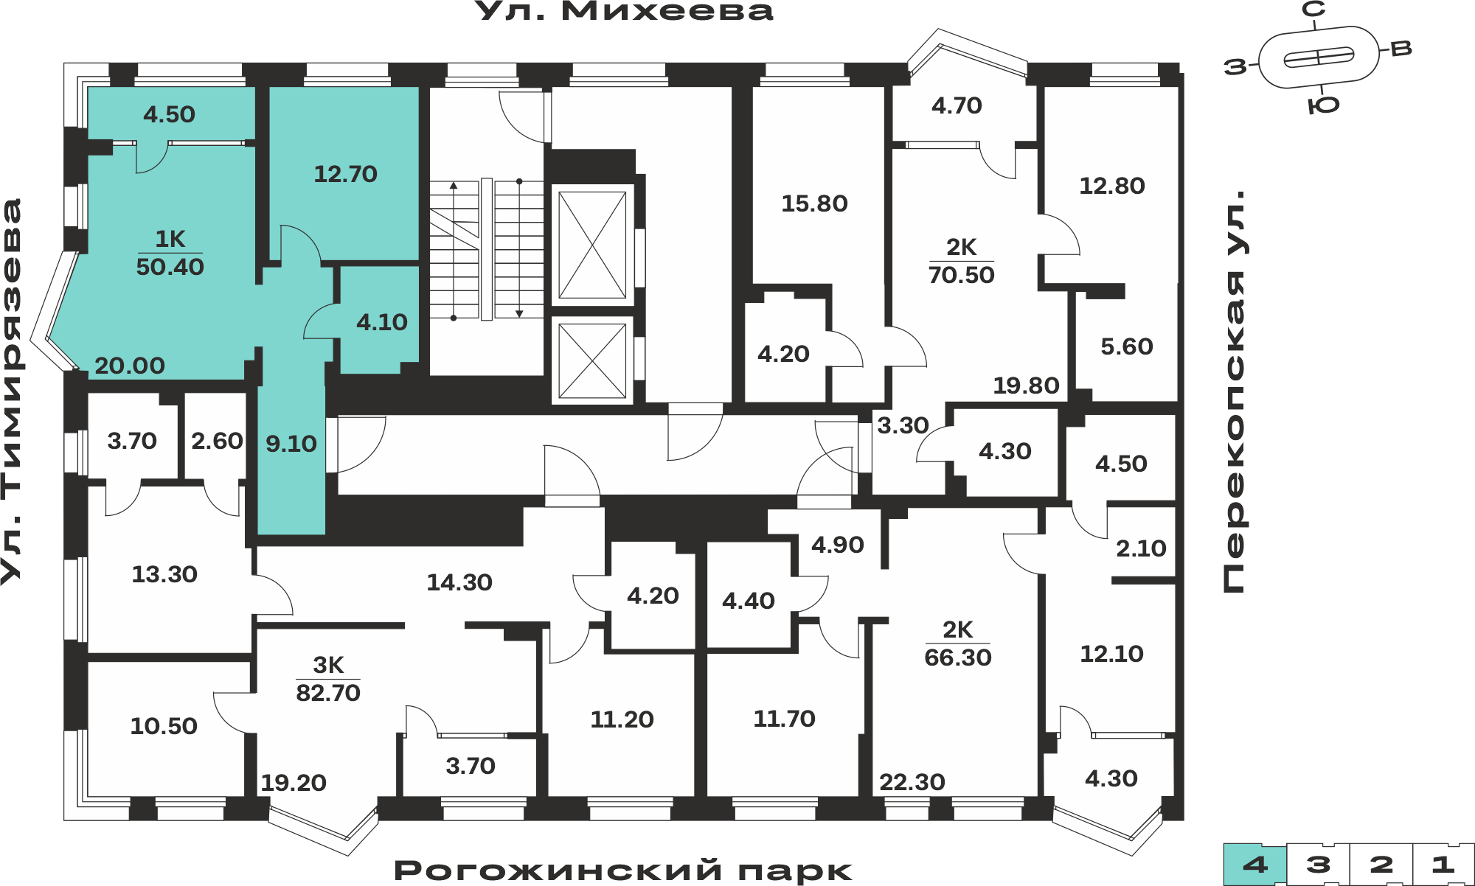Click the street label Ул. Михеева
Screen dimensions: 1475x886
point(624,11)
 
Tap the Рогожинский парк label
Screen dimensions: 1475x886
point(623,871)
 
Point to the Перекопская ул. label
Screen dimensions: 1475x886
point(1235,391)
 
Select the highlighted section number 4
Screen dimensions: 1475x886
point(1255,865)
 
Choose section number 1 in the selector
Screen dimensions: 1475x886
point(1443,865)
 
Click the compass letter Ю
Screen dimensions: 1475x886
point(1324,105)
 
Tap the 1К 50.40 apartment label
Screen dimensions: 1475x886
point(170,253)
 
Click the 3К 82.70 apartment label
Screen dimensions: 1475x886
point(328,679)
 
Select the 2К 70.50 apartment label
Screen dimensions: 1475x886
point(961,261)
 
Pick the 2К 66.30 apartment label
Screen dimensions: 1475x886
point(958,643)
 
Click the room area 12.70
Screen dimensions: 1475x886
point(345,174)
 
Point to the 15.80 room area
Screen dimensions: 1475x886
point(814,203)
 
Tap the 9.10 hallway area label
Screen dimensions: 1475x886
point(291,444)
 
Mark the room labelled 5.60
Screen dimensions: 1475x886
point(1127,346)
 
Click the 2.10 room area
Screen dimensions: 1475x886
point(1141,548)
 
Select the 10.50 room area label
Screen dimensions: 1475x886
point(164,726)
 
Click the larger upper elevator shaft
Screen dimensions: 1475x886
point(592,245)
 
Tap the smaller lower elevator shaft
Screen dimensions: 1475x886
point(592,360)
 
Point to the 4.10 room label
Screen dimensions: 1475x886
point(382,322)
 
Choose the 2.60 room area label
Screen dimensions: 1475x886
point(217,441)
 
